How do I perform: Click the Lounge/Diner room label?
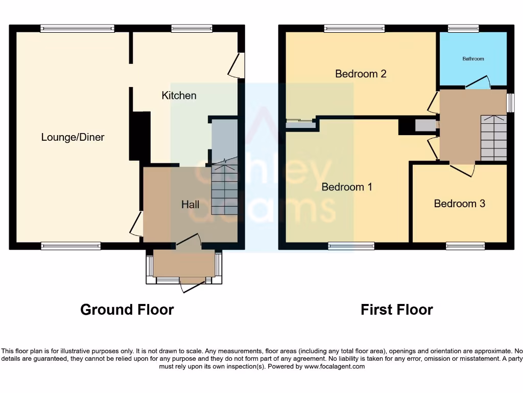[73, 137]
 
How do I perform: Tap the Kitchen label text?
[179, 96]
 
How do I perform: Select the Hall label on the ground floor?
[191, 205]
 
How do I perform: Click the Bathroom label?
[473, 59]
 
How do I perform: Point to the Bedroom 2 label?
[361, 74]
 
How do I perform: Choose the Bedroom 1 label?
[347, 187]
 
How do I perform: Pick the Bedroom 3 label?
[459, 204]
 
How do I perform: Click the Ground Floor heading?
[127, 310]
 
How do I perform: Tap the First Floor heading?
[396, 310]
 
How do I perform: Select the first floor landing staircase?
[494, 138]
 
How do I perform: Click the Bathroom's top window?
[463, 29]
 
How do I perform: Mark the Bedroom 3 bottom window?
[465, 246]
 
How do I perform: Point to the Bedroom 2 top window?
[354, 29]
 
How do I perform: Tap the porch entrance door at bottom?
[192, 287]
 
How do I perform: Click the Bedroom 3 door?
[462, 170]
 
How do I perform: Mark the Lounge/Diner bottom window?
[71, 246]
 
